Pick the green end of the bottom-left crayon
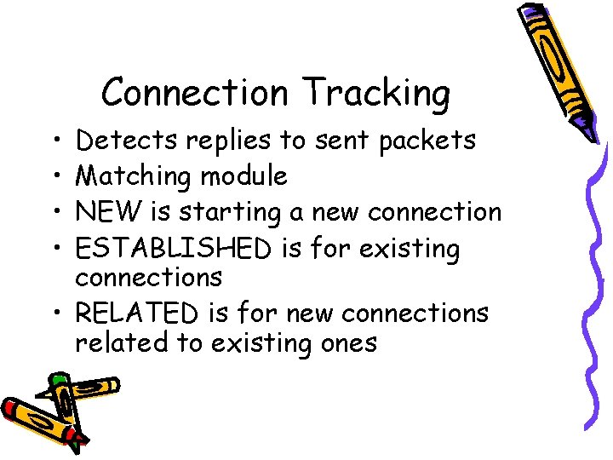[x=58, y=380]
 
